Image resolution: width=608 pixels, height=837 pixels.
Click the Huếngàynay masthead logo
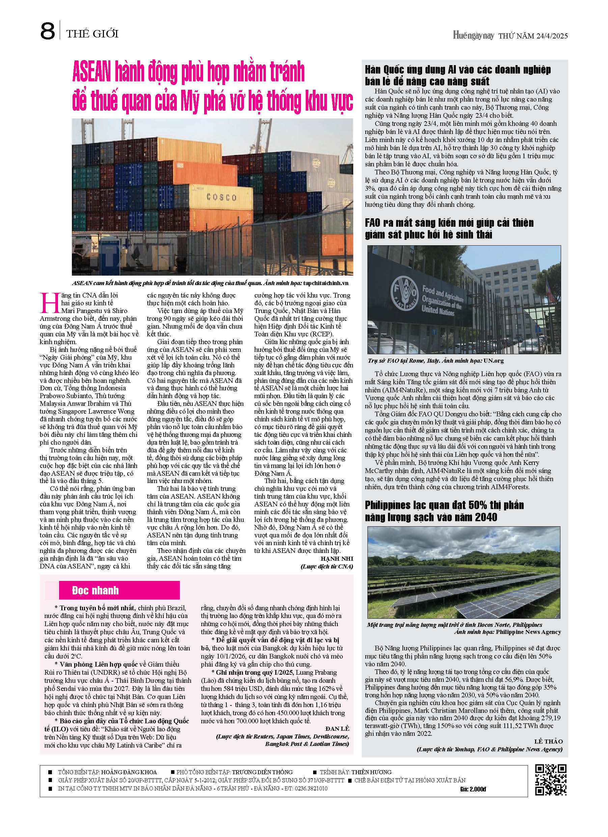[x=473, y=36]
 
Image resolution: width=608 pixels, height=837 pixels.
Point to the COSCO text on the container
[x=221, y=197]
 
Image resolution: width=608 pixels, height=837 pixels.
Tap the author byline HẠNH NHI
[x=337, y=558]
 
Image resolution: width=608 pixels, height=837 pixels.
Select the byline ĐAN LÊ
[x=337, y=728]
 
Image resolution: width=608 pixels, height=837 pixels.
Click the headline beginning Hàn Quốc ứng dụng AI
[x=458, y=75]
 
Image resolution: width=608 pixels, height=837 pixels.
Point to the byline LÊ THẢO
[x=548, y=742]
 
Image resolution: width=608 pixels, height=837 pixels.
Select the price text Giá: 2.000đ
[x=473, y=789]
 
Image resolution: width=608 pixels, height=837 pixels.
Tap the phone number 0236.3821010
[x=310, y=788]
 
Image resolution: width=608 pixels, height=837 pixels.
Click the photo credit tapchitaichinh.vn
[x=326, y=283]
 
